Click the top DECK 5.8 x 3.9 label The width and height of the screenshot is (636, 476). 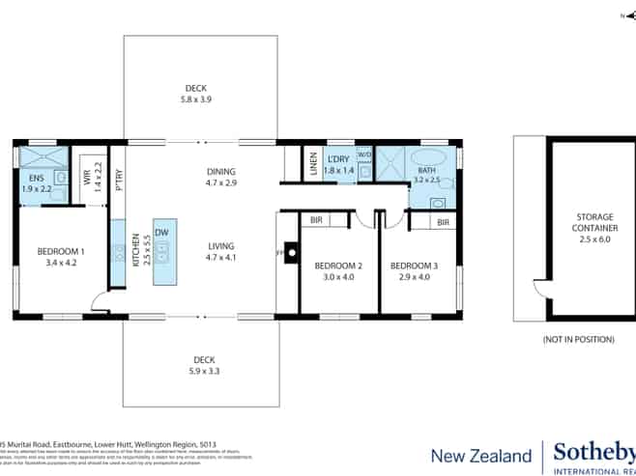[195, 93]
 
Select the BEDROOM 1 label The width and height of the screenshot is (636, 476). [61, 257]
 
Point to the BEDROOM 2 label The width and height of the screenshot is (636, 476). [338, 270]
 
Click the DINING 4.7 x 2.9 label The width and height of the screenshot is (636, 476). [220, 177]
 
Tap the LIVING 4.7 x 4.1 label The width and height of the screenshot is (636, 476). [221, 251]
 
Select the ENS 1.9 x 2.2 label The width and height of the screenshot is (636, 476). [36, 183]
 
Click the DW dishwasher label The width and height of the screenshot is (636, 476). [161, 233]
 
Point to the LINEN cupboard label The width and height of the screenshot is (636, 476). [313, 165]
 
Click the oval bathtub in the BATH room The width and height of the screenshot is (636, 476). [430, 158]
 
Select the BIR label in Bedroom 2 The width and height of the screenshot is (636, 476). [316, 221]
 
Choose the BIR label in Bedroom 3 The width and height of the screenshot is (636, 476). [443, 222]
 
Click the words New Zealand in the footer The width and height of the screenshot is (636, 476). [480, 456]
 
